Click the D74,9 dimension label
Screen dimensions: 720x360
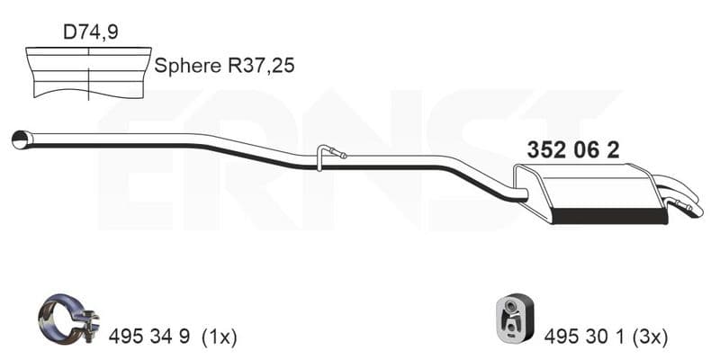coord(91,32)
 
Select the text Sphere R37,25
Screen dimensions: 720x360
coord(224,66)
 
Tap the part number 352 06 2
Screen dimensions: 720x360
coord(572,149)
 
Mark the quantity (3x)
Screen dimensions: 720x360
coord(650,337)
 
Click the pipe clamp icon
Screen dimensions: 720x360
coord(68,317)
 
